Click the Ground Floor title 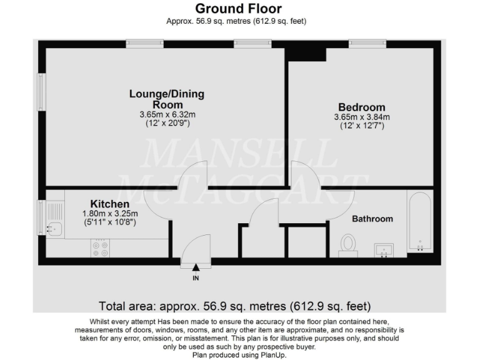click(239, 9)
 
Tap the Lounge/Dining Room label click(166, 99)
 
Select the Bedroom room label click(362, 107)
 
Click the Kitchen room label click(110, 204)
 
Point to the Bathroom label click(372, 219)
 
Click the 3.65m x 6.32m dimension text click(167, 115)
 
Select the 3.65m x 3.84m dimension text click(362, 117)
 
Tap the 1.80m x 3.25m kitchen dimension click(109, 213)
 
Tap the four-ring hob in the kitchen click(100, 249)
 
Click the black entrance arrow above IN click(196, 267)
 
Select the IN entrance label click(196, 277)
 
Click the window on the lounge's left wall click(41, 93)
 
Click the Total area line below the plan click(235, 306)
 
